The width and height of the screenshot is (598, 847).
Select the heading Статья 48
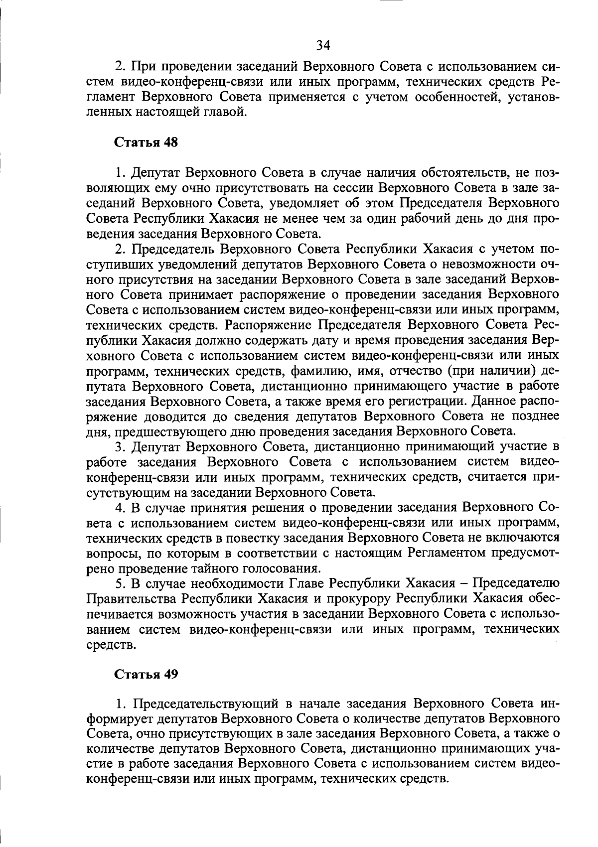click(147, 142)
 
